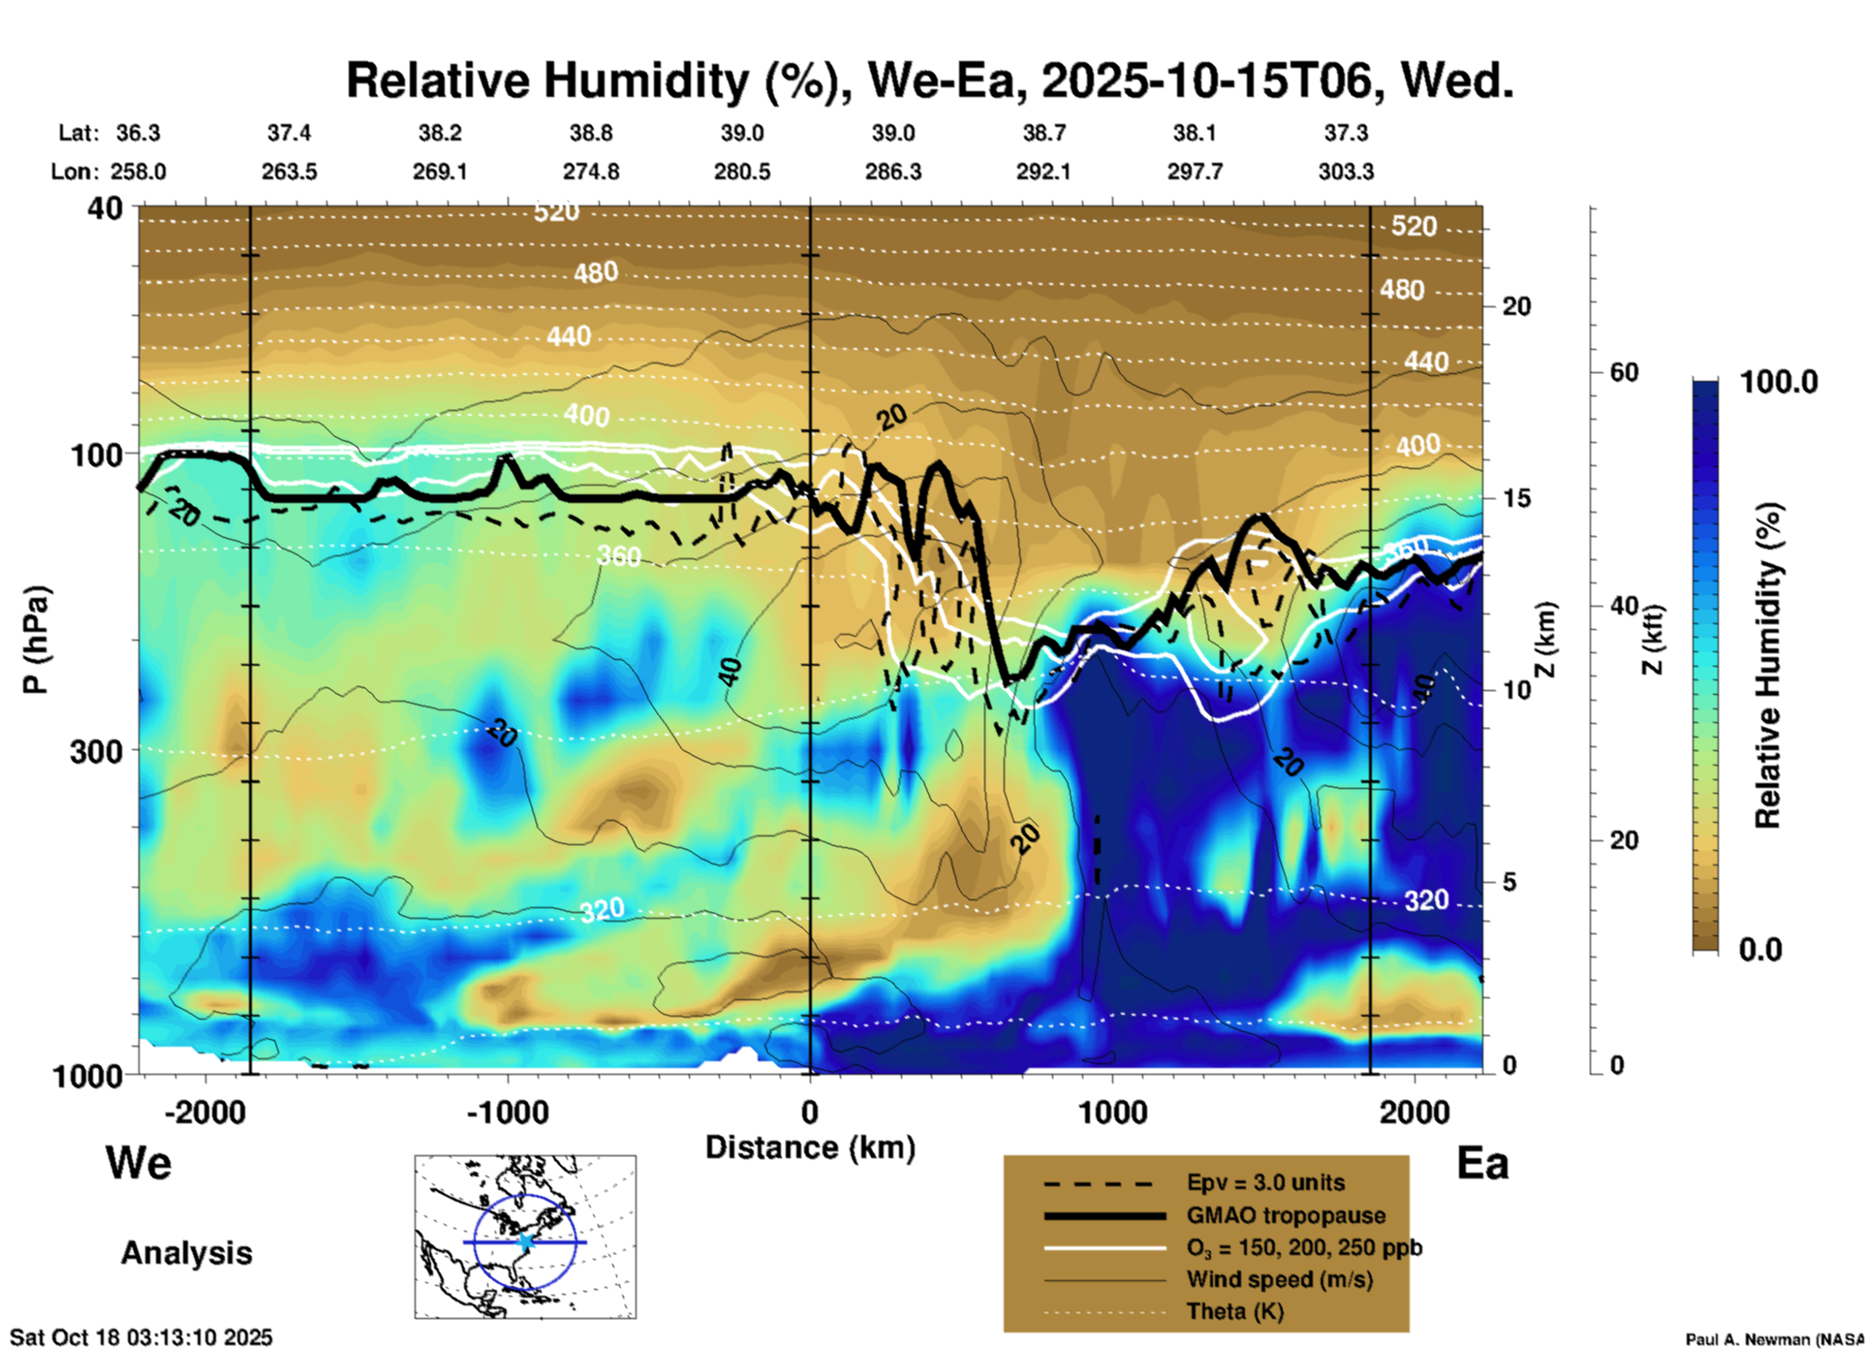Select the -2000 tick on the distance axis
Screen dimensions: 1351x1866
[205, 1113]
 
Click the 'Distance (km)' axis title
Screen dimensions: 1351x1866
[810, 1147]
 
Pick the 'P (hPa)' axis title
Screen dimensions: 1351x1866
[36, 640]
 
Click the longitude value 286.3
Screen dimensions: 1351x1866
[893, 172]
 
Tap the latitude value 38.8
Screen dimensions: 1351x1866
[591, 133]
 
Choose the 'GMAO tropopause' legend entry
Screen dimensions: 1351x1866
[1286, 1215]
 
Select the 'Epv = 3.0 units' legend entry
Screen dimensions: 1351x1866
[1265, 1183]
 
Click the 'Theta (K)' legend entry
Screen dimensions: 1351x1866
[1234, 1311]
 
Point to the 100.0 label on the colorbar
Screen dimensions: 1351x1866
[1779, 382]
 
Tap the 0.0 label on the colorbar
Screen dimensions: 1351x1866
[1760, 950]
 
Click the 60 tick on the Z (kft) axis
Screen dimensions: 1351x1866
[1624, 372]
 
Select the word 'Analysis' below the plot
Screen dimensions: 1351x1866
[186, 1253]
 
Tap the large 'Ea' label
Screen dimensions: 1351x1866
[1482, 1164]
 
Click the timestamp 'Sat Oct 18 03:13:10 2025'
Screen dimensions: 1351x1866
[141, 1337]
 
